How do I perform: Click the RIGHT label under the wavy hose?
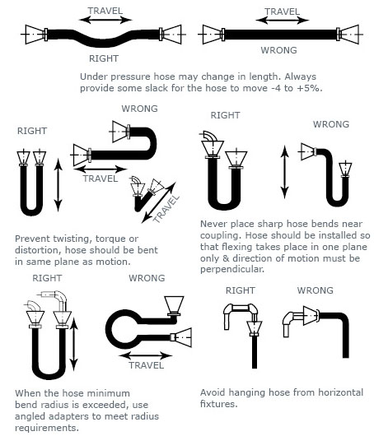104,58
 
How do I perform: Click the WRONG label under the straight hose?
278,50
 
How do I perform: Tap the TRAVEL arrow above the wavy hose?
105,20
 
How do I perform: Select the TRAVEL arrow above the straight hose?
282,20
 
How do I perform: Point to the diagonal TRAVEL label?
166,209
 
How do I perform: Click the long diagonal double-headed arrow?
159,202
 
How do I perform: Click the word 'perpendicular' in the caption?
231,270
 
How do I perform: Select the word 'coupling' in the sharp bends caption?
221,235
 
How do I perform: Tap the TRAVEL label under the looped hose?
146,365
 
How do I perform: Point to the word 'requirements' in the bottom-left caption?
47,428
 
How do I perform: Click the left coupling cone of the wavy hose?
35,35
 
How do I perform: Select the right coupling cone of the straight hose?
349,35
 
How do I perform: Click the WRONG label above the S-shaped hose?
139,109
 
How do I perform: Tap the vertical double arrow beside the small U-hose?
58,185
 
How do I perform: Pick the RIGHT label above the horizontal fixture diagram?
240,290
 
